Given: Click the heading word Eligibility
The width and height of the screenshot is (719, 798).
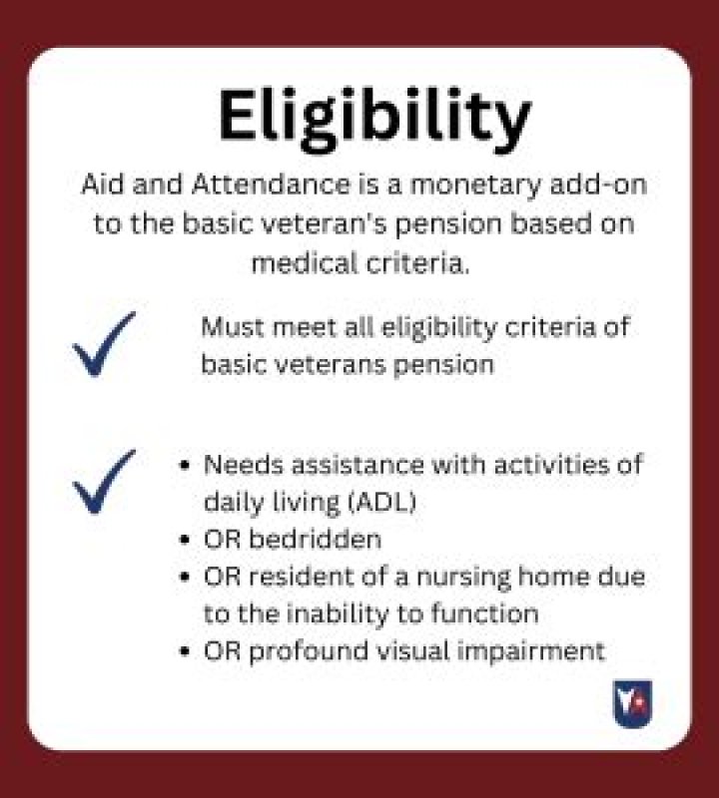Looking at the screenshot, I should point(374,118).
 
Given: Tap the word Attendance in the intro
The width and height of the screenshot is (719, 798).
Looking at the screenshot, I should point(274,187).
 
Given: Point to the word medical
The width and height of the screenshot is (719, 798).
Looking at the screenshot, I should point(302,263).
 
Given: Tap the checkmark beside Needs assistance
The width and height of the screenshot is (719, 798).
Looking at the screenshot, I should point(104,481).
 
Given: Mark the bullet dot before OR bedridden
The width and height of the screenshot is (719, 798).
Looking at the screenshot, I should point(184,541).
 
